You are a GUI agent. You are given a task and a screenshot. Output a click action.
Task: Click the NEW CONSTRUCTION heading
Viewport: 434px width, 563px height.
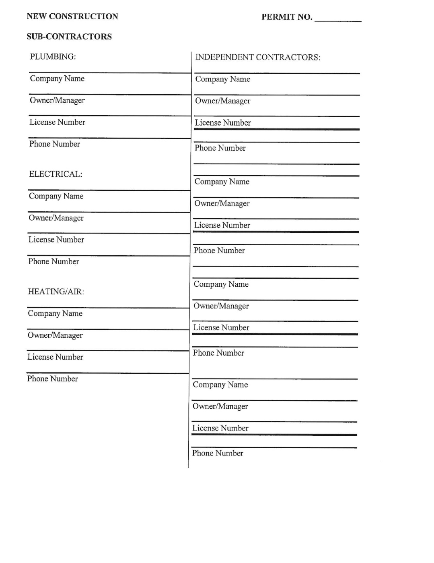coord(72,17)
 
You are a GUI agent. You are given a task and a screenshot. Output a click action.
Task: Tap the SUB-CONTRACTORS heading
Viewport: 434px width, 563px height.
coord(69,37)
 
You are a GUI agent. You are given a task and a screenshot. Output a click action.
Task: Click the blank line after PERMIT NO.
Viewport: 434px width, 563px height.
coord(338,18)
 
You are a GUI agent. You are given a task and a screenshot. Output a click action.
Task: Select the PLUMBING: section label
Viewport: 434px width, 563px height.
coord(53,57)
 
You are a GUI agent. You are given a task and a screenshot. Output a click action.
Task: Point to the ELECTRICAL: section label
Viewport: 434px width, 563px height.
coord(56,174)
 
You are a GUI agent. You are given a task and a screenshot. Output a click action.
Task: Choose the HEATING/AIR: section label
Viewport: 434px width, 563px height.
coord(56,292)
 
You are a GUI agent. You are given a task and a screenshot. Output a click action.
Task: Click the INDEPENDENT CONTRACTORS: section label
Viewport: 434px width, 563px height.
coord(258,57)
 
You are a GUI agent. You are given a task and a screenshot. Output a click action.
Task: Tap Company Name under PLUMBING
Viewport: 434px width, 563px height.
coord(57,79)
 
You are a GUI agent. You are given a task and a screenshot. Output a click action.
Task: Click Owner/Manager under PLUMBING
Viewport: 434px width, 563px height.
coord(57,100)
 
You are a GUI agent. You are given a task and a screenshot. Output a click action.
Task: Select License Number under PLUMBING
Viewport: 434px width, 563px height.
coord(57,122)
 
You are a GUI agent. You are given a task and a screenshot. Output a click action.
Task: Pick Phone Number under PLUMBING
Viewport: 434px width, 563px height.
coord(55,144)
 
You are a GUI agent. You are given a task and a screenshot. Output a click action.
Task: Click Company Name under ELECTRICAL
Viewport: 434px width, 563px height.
coord(56,196)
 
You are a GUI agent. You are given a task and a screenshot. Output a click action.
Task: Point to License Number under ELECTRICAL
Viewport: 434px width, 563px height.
coord(56,240)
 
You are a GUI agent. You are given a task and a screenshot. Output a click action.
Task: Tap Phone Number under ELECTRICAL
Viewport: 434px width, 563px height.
coord(54,261)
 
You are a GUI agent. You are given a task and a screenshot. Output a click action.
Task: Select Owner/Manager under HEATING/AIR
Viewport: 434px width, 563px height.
coord(55,335)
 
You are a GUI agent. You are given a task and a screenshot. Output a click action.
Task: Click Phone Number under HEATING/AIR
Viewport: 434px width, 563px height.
coord(53,379)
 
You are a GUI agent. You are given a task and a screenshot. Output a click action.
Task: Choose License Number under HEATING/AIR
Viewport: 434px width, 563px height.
coord(55,357)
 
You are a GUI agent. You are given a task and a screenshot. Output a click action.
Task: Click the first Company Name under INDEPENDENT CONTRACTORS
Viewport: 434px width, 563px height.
coord(222,79)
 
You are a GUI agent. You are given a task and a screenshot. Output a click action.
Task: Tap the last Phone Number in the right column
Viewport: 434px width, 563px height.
coord(218,453)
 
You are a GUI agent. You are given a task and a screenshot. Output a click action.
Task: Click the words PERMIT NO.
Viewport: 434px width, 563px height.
coord(287,17)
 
